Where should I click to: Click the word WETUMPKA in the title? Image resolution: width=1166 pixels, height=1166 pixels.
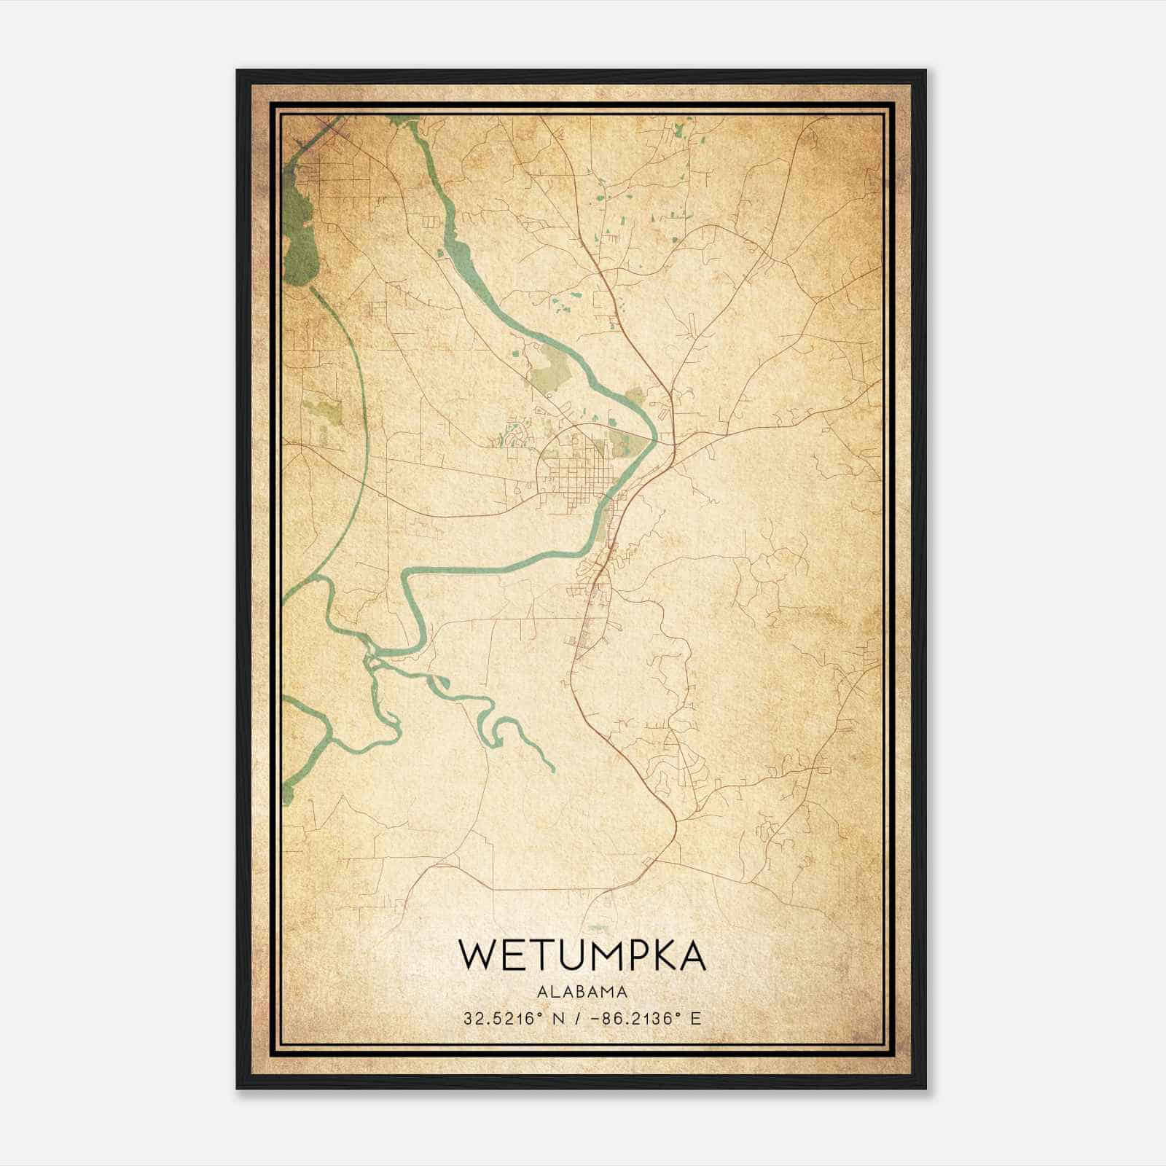click(x=582, y=955)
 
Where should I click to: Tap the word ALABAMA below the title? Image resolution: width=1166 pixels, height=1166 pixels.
click(x=582, y=992)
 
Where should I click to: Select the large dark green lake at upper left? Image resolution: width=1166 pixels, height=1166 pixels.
click(x=299, y=233)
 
